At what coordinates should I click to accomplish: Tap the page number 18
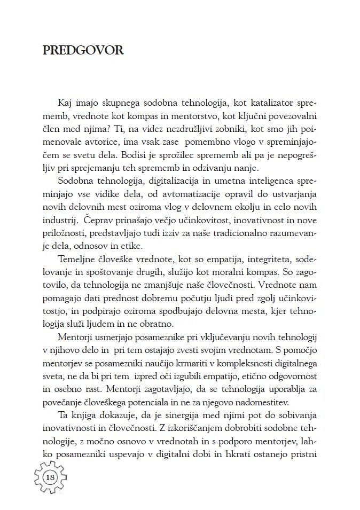pos(52,477)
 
